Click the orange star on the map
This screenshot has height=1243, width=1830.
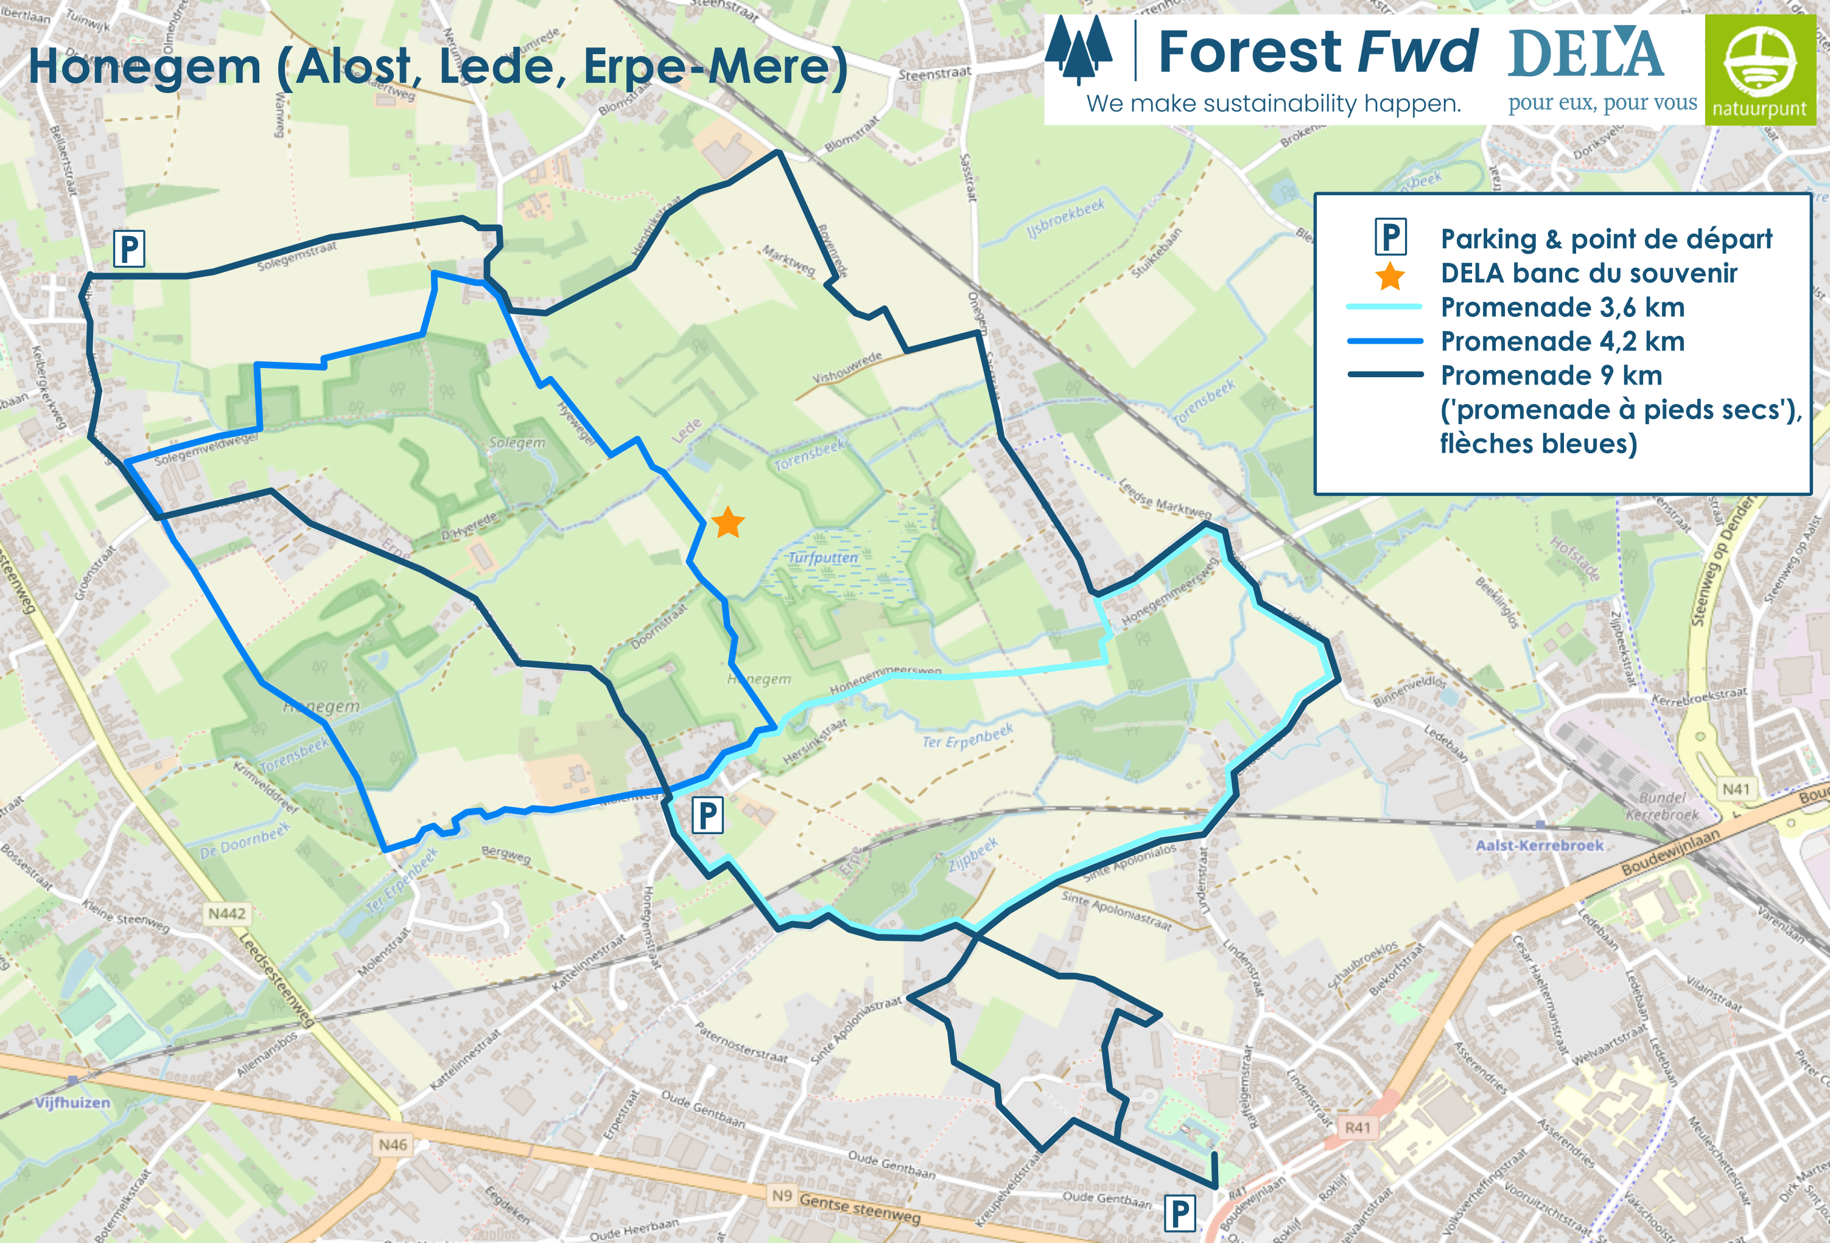coord(727,523)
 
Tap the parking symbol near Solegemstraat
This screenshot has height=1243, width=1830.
coord(129,249)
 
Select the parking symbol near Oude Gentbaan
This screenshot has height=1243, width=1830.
coord(1180,1213)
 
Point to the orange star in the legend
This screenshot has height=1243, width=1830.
coord(1390,276)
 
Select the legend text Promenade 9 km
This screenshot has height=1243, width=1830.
coord(1551,375)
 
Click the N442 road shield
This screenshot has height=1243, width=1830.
coord(227,913)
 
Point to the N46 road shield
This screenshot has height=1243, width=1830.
coord(393,1144)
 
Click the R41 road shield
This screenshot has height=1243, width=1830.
coord(1357,1127)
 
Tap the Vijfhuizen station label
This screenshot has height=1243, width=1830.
coord(72,1102)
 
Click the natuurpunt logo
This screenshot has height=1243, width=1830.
coord(1759,69)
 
